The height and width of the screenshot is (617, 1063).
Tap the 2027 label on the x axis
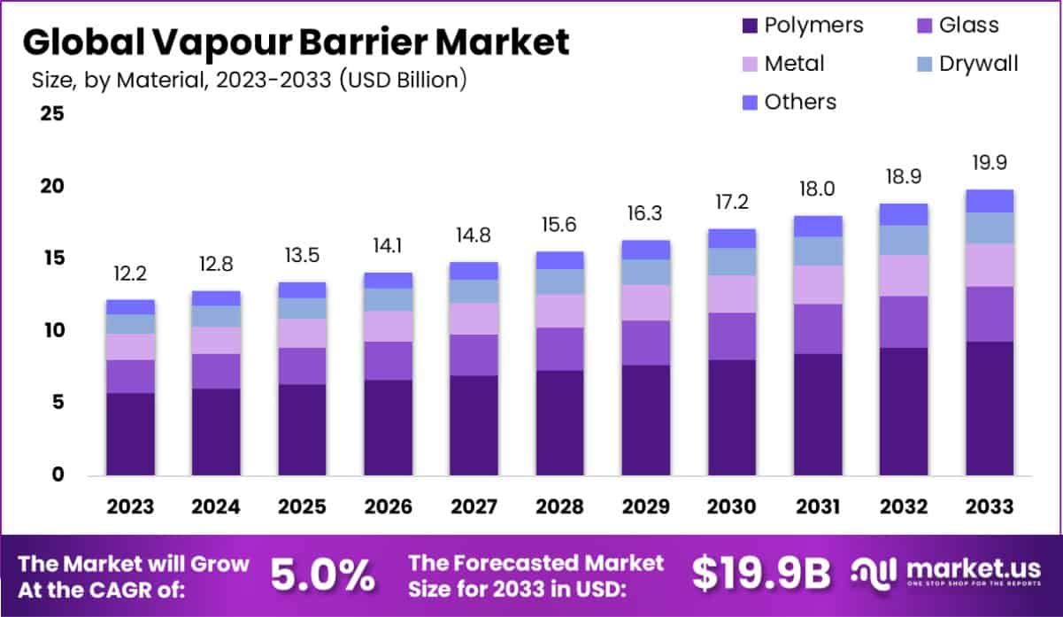[x=474, y=506]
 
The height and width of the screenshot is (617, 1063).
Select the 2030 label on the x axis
[x=732, y=506]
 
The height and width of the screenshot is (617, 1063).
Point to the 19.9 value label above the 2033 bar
[x=989, y=164]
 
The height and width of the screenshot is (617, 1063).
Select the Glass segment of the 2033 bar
[x=989, y=314]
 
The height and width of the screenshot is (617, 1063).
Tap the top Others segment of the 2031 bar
[x=817, y=226]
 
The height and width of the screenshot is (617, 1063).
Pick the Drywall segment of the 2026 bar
[x=389, y=299]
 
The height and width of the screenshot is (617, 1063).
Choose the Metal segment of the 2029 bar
[x=645, y=303]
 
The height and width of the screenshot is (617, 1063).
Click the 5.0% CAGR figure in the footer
[x=321, y=576]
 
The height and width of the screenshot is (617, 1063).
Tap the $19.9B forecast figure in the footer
[x=761, y=575]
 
